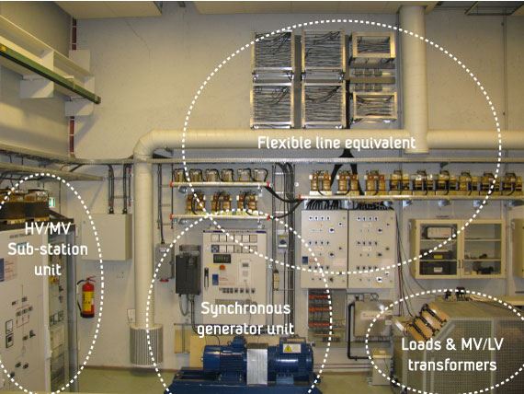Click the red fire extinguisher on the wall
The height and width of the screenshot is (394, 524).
87,297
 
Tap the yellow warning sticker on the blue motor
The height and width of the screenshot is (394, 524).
288,349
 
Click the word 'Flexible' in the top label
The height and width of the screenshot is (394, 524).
284,143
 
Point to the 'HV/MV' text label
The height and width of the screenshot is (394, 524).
48,229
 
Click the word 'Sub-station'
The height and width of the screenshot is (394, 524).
48,249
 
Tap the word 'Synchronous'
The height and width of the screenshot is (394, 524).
245,308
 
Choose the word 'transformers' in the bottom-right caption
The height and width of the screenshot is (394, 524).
452,365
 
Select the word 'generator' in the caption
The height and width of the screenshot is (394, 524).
227,330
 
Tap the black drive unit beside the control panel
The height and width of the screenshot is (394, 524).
188,270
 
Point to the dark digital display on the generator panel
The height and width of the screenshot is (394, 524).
222,259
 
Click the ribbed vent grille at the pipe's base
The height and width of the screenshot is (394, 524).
146,345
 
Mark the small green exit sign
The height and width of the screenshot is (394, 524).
51,202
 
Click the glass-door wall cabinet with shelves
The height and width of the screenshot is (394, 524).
458,249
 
